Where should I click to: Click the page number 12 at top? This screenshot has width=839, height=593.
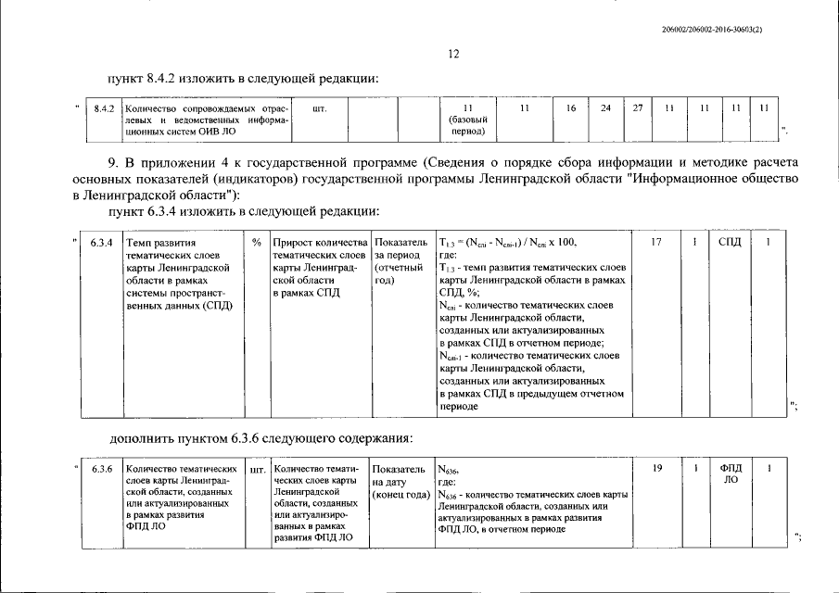click(x=454, y=55)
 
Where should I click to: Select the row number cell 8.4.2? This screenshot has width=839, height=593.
click(x=103, y=109)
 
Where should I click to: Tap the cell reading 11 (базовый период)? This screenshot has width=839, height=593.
click(x=467, y=120)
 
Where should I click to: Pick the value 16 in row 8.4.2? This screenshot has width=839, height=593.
click(x=571, y=109)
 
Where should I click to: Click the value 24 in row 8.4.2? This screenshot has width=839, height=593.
click(x=605, y=109)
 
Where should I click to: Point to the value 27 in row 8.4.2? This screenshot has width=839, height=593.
click(x=638, y=109)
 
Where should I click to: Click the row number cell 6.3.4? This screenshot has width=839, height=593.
click(x=102, y=243)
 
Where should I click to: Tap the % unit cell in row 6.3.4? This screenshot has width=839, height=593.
click(x=256, y=243)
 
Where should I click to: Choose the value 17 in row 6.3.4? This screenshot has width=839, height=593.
click(x=656, y=243)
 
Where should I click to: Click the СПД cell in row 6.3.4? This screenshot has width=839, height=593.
click(x=730, y=243)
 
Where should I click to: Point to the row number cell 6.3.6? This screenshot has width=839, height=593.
click(x=102, y=469)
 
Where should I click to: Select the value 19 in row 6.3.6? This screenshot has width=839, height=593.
click(x=656, y=469)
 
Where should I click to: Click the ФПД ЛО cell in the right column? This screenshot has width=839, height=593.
click(x=730, y=474)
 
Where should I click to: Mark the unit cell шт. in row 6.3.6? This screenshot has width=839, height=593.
click(x=257, y=470)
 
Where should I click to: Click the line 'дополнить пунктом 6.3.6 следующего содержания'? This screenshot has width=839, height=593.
click(x=261, y=437)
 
